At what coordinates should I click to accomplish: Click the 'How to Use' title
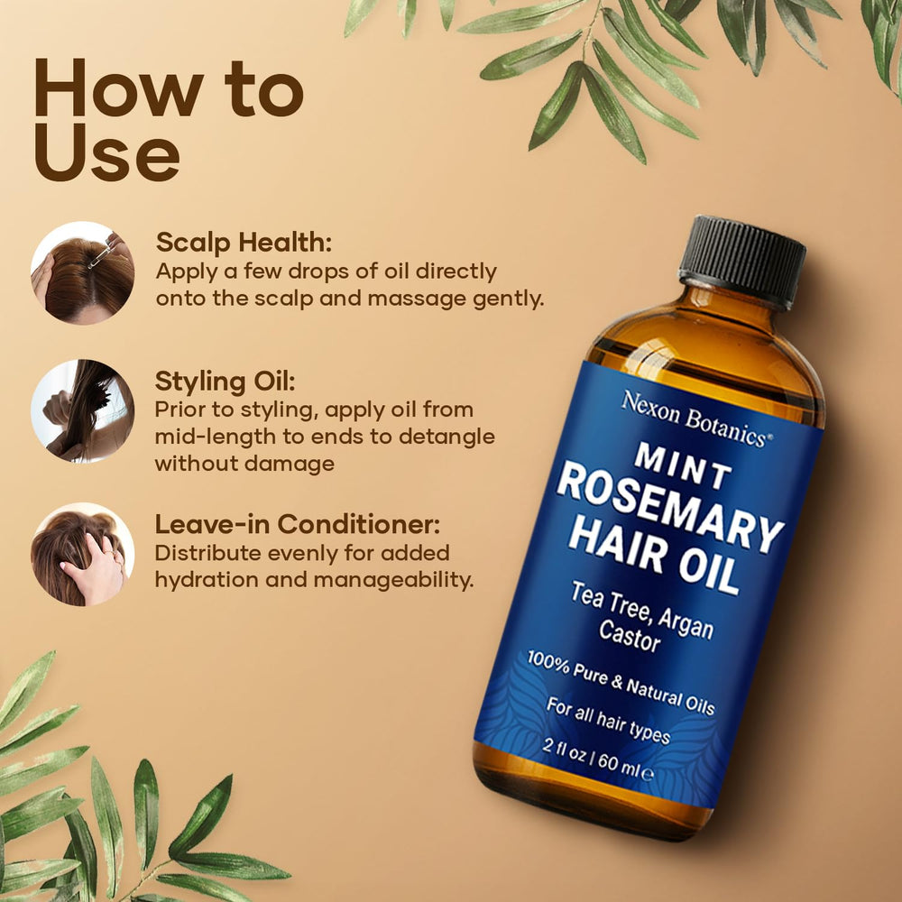(169, 120)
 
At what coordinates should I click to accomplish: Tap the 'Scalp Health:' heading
(244, 243)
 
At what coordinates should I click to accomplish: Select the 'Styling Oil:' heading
(225, 382)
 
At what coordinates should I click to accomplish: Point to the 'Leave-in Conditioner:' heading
(298, 524)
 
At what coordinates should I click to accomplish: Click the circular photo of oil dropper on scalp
(83, 272)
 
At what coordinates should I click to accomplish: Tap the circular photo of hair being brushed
(83, 410)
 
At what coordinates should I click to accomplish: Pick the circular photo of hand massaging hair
(83, 554)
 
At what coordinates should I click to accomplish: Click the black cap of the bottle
(742, 261)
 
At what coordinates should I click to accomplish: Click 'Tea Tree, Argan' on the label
(642, 611)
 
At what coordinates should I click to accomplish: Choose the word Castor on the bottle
(629, 636)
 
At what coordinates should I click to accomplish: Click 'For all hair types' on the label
(608, 720)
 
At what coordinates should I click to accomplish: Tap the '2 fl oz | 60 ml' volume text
(598, 759)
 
